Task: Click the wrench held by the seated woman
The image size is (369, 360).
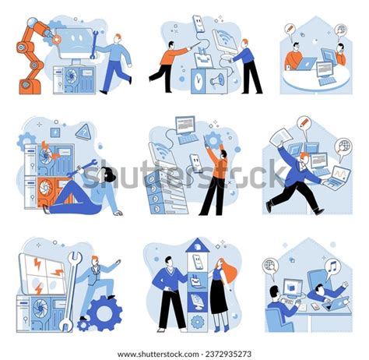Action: tap(86, 166)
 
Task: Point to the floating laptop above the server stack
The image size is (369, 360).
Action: tap(187, 128)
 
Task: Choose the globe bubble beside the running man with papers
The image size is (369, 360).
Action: tap(343, 146)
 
